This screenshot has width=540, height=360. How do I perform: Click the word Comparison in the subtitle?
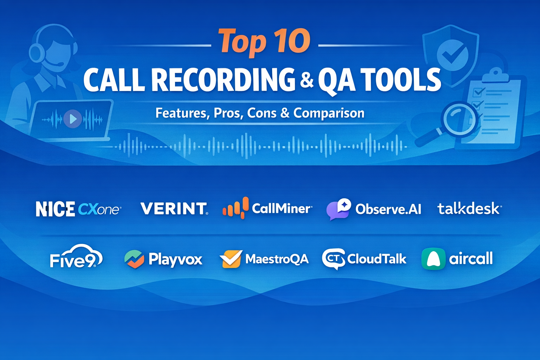point(329,113)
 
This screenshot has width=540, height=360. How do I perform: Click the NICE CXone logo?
point(78,209)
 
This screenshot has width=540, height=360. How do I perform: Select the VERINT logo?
point(174,208)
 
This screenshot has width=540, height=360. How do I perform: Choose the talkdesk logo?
point(468,208)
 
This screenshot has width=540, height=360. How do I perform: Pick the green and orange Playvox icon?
point(134,259)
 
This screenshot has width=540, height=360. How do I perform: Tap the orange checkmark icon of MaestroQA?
point(231,259)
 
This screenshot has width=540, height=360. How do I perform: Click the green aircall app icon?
point(433,259)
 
